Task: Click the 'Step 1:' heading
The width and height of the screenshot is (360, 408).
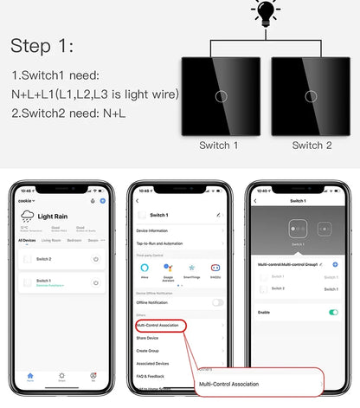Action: (x=45, y=47)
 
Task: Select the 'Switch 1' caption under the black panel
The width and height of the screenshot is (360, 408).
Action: (x=219, y=145)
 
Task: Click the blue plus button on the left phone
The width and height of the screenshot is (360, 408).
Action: (x=103, y=200)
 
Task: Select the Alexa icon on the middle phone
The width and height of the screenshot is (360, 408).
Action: (x=145, y=268)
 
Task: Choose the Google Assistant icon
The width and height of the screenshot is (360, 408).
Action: (x=169, y=268)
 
